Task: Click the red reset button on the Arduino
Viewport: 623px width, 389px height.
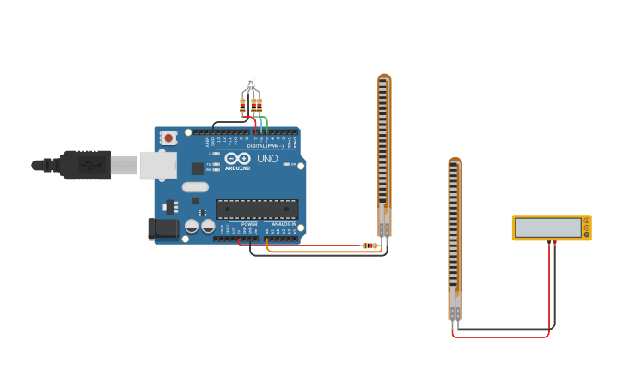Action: coord(168,137)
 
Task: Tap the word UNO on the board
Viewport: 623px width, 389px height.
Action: coord(267,159)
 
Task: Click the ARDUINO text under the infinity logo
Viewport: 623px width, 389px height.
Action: coord(238,168)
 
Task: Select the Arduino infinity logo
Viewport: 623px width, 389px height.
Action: coord(238,159)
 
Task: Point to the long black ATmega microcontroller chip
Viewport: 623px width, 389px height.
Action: coord(257,209)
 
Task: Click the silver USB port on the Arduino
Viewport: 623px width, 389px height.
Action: coord(157,165)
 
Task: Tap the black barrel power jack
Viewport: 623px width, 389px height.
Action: coord(163,228)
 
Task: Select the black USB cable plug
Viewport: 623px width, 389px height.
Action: coord(86,165)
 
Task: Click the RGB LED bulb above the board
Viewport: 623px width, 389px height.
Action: coord(251,83)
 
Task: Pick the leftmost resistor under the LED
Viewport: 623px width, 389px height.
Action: coord(242,106)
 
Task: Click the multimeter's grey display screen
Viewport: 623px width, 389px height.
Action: coord(547,228)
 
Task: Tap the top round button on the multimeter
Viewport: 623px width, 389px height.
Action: coord(587,221)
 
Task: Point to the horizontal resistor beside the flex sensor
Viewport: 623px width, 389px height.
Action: coord(370,246)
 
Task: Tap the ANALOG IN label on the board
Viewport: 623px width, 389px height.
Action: coord(284,224)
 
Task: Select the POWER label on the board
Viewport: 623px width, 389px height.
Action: coord(249,224)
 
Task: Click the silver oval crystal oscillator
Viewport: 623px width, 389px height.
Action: coord(195,187)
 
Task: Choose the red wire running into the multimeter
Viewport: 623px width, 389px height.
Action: coord(549,292)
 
